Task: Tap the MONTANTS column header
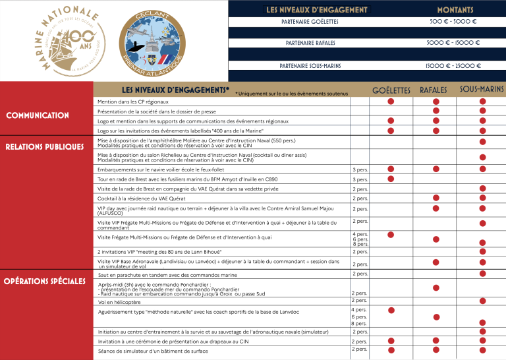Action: [x=452, y=11]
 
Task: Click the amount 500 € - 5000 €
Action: [x=452, y=22]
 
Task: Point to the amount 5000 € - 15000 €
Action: [x=452, y=43]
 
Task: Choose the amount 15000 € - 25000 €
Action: [x=452, y=66]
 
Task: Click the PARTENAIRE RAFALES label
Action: [x=310, y=43]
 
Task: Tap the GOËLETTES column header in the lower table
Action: [x=391, y=90]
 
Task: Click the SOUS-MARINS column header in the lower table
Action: [x=482, y=89]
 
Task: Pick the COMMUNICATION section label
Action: [x=38, y=115]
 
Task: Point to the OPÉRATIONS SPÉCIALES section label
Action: [x=44, y=282]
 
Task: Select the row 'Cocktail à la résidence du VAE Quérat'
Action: [x=142, y=198]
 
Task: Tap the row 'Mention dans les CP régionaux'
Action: [x=133, y=102]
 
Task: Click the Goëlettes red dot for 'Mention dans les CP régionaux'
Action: [x=391, y=102]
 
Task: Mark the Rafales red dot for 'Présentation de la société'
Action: [x=436, y=111]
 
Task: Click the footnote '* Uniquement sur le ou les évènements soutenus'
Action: [x=291, y=94]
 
